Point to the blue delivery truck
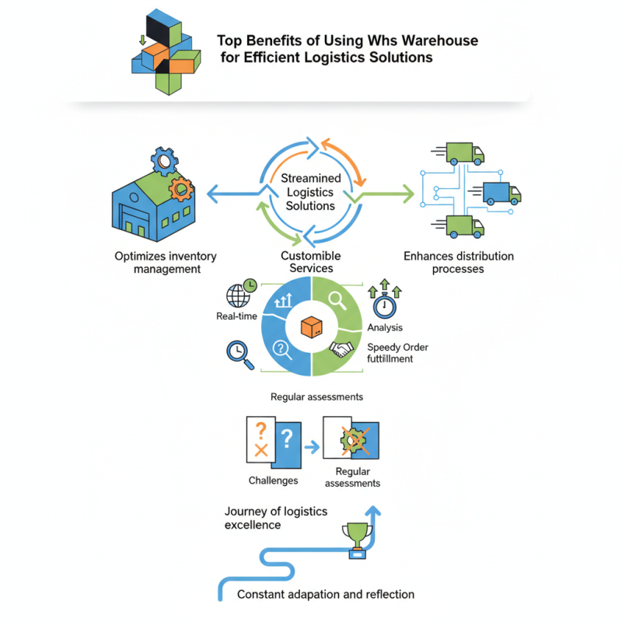[501, 191]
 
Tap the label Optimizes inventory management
[166, 263]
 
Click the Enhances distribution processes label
[459, 263]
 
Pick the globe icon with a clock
[240, 294]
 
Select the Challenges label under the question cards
[273, 480]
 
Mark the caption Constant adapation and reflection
[326, 594]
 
